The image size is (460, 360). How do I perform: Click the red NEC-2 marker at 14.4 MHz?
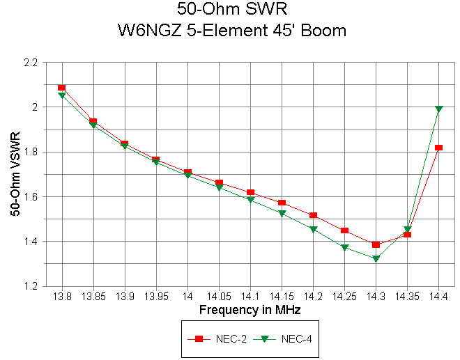coord(438,148)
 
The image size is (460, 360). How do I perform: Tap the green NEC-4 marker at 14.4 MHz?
coord(438,109)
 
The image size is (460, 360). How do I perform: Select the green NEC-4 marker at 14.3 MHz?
coord(376,258)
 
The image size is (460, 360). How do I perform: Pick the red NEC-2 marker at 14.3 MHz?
coord(376,244)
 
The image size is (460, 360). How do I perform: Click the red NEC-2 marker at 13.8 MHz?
coord(62,88)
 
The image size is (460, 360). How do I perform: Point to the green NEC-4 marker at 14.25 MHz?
coord(344,247)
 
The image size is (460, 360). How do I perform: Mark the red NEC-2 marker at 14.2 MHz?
coord(313,215)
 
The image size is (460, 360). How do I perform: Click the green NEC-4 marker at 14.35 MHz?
coord(407,229)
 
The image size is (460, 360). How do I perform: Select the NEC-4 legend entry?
coord(282,338)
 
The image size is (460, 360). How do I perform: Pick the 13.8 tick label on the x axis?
coord(62,297)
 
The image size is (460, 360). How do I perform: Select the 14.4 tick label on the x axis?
coord(438,297)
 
